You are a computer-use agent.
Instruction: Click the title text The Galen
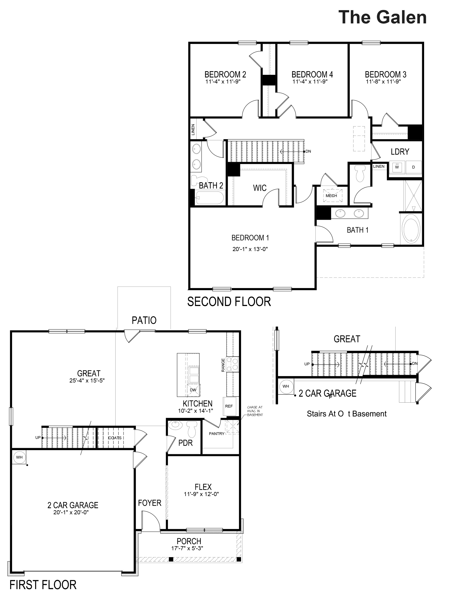382,17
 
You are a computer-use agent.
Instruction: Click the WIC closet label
259,188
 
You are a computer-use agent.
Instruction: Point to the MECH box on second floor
331,196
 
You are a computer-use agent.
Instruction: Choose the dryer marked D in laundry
413,167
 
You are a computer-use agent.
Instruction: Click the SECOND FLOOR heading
229,302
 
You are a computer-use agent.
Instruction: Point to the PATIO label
144,320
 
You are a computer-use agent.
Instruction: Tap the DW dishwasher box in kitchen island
193,390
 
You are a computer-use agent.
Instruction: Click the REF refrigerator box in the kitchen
229,406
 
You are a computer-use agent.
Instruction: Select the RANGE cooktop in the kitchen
234,364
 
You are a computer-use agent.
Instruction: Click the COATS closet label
115,438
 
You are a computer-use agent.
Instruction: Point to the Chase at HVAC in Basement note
255,411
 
